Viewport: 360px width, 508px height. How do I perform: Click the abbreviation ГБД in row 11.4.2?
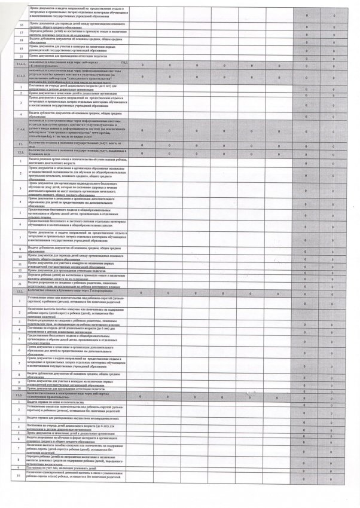coord(124,62)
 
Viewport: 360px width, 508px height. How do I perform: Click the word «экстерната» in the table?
coord(92,437)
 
